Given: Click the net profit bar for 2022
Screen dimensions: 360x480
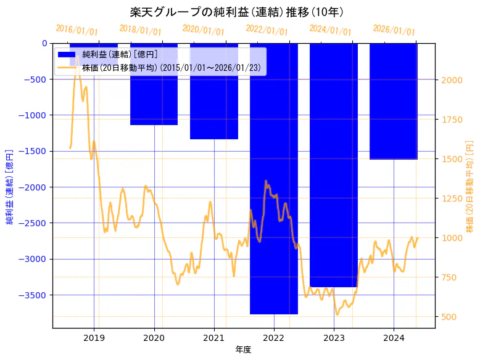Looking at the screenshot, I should click(x=274, y=179).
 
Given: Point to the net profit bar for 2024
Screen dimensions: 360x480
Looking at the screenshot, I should click(x=394, y=101).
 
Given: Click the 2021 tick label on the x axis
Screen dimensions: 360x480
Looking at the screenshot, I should click(x=214, y=338).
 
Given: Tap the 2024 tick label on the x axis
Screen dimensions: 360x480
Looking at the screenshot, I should click(x=394, y=338).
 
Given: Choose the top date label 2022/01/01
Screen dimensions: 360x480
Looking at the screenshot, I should click(x=267, y=30).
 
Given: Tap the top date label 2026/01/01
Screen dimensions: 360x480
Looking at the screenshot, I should click(x=394, y=30).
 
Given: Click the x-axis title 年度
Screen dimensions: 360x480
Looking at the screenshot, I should click(x=244, y=350).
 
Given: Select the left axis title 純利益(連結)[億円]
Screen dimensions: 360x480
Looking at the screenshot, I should click(x=10, y=186).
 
